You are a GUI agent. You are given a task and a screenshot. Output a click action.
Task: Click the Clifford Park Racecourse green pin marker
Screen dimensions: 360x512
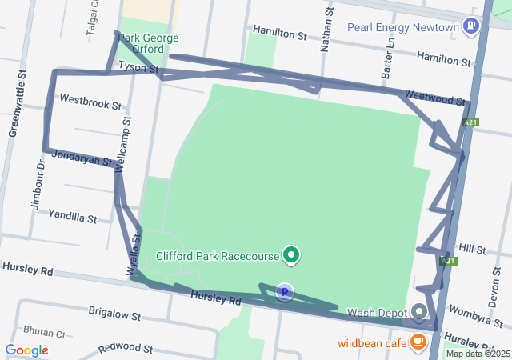(x=292, y=256)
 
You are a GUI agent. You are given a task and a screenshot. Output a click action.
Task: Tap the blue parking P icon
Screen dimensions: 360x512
(x=284, y=293)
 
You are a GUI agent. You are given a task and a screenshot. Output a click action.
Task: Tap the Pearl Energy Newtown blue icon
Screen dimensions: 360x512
(x=471, y=27)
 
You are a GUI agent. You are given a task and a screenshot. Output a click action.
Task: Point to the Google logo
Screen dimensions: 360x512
(x=26, y=350)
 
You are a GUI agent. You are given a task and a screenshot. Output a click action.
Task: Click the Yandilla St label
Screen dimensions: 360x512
(x=72, y=216)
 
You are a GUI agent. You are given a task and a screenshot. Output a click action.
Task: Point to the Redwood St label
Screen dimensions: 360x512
(x=125, y=349)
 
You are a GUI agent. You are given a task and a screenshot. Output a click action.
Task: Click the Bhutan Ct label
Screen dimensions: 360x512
(x=44, y=330)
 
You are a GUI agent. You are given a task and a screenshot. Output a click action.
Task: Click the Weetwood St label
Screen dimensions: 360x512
(x=434, y=98)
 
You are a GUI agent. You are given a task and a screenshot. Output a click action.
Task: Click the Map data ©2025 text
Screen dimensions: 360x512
(x=478, y=354)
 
